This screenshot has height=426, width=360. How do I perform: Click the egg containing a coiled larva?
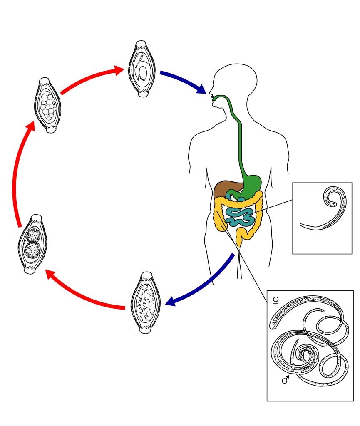(x=142, y=69)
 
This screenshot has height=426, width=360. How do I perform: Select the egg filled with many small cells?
(x=47, y=105)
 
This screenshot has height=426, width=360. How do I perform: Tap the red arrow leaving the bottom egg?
(x=83, y=295)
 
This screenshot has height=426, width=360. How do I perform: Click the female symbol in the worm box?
(x=276, y=301)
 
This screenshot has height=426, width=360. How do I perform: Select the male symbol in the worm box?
(x=286, y=379)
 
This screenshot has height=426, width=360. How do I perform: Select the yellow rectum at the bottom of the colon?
(x=240, y=240)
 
